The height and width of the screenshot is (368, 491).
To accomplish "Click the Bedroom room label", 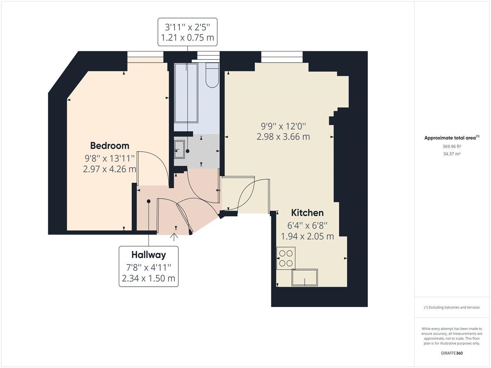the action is click(x=110, y=146).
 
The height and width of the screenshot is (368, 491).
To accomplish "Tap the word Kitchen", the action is click(x=307, y=213).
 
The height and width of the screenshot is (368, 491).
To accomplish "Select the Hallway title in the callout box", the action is click(x=149, y=255).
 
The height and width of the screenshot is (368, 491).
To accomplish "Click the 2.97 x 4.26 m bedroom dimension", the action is click(x=110, y=169).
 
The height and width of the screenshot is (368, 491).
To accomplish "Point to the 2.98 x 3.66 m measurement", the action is click(x=283, y=137).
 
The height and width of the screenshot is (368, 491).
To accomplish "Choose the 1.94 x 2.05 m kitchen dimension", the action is click(x=307, y=236).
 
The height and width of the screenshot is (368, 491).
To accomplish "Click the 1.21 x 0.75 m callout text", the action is click(x=187, y=38).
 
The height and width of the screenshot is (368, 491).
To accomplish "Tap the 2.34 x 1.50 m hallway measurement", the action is click(x=149, y=278).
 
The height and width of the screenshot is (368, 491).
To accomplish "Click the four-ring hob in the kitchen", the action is click(x=286, y=258).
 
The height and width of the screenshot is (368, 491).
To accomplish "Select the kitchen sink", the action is click(x=304, y=277).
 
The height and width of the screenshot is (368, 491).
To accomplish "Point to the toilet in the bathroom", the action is click(x=212, y=75).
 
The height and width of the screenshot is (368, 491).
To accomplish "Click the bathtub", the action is click(x=186, y=93).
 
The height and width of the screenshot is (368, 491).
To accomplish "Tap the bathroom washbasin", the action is click(x=179, y=149).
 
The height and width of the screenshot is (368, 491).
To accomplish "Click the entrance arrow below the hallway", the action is click(x=174, y=237).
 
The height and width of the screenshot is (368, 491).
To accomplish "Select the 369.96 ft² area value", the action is click(x=452, y=146).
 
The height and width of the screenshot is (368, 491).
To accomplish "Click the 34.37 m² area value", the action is click(x=452, y=154).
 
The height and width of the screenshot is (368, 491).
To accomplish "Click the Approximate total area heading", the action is click(x=452, y=138).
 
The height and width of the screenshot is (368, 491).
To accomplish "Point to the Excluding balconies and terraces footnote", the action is click(x=452, y=307).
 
